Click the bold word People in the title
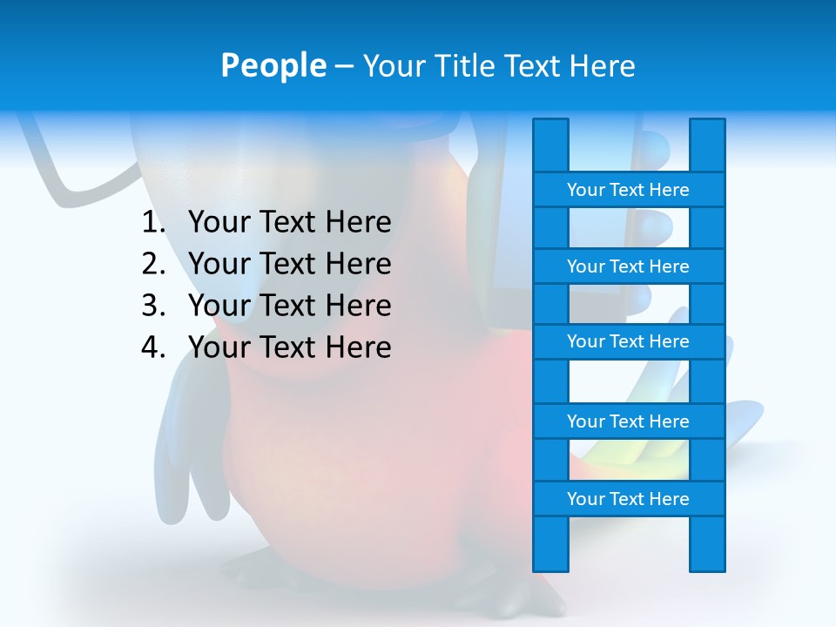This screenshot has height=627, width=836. tap(273, 65)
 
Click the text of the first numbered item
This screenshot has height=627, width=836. tap(289, 223)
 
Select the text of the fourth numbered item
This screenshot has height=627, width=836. tap(289, 347)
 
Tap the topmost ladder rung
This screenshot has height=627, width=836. tap(628, 189)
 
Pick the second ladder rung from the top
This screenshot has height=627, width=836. tap(628, 266)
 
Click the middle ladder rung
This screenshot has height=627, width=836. tap(628, 341)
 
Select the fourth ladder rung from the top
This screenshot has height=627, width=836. tap(628, 421)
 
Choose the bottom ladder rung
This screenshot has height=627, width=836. tap(628, 498)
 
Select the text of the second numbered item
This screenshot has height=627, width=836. tap(289, 264)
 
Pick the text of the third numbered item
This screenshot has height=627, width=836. tap(289, 306)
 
